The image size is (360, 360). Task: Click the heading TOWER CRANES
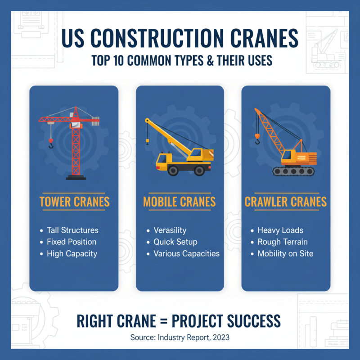click(74, 202)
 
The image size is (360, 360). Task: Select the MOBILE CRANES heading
click(180, 202)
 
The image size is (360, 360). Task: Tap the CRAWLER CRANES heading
click(286, 202)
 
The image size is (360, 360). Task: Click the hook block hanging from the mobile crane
click(147, 141)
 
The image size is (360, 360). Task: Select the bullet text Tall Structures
click(72, 230)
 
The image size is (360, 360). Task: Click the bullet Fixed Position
click(72, 242)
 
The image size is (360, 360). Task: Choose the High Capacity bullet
click(72, 253)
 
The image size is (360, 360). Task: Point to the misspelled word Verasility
click(170, 230)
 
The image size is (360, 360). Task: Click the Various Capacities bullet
click(186, 253)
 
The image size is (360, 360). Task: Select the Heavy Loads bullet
click(280, 230)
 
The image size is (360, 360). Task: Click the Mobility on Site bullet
click(285, 253)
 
